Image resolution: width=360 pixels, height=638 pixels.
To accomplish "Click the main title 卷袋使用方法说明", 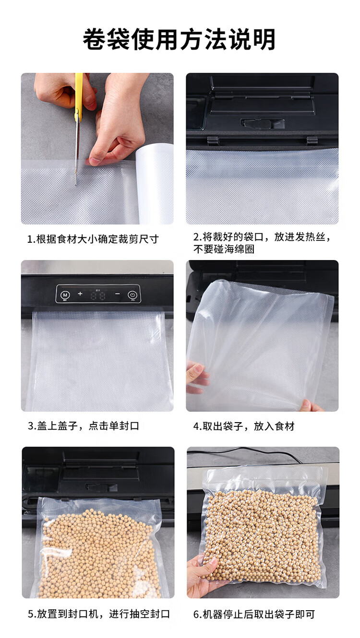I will (x=179, y=39).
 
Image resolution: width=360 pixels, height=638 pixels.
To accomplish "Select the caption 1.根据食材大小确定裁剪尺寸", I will (x=93, y=239).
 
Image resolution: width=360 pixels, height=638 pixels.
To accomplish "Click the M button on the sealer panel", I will (x=65, y=294).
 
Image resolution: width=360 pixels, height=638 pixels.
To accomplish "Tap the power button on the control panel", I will (x=132, y=294).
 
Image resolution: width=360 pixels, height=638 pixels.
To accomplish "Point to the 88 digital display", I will (x=98, y=295).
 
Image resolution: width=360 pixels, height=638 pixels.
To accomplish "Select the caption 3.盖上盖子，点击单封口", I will (x=84, y=426).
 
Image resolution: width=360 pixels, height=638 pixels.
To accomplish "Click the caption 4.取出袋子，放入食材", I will (x=244, y=426).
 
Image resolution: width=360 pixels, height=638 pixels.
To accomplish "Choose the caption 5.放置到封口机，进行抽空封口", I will (x=99, y=614).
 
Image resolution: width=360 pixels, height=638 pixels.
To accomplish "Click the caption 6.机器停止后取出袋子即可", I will (x=254, y=614).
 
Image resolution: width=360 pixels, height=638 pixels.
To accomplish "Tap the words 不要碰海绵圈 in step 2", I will (x=224, y=249).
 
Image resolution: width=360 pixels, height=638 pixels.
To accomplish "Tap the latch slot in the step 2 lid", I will (x=256, y=123).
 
